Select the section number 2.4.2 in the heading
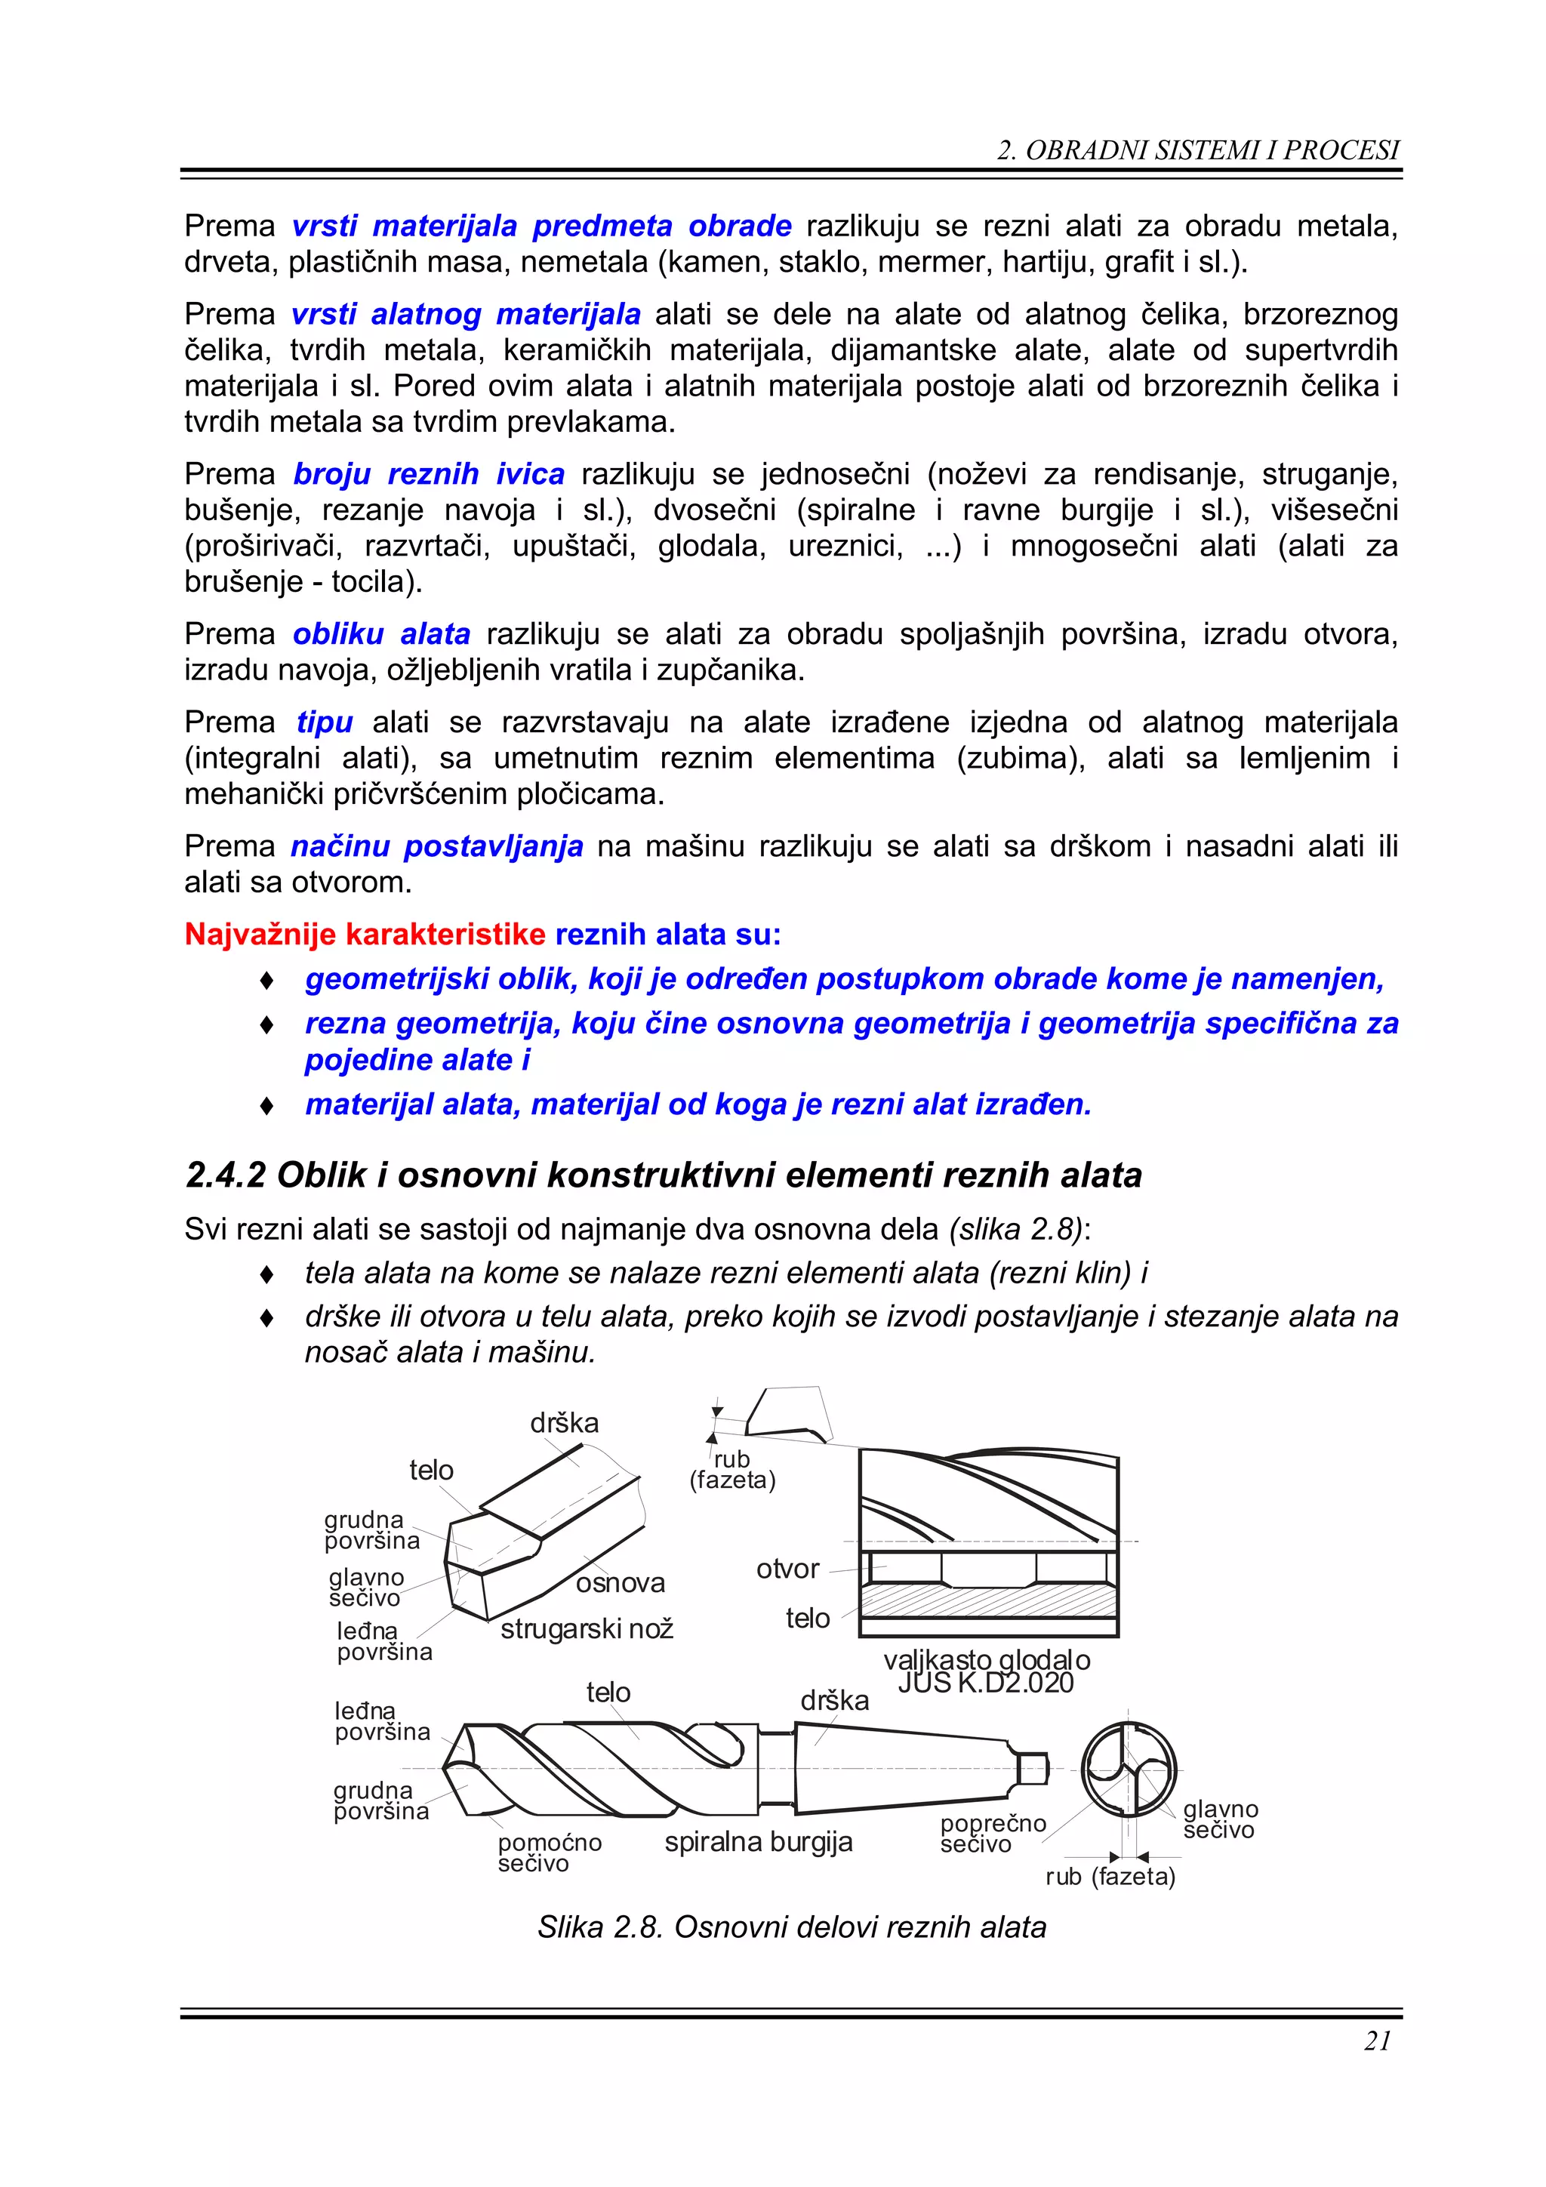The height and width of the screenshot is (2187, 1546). tap(225, 1175)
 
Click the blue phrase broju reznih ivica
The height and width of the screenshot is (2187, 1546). tap(429, 473)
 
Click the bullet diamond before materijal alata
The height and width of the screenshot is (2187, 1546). tap(268, 1106)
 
